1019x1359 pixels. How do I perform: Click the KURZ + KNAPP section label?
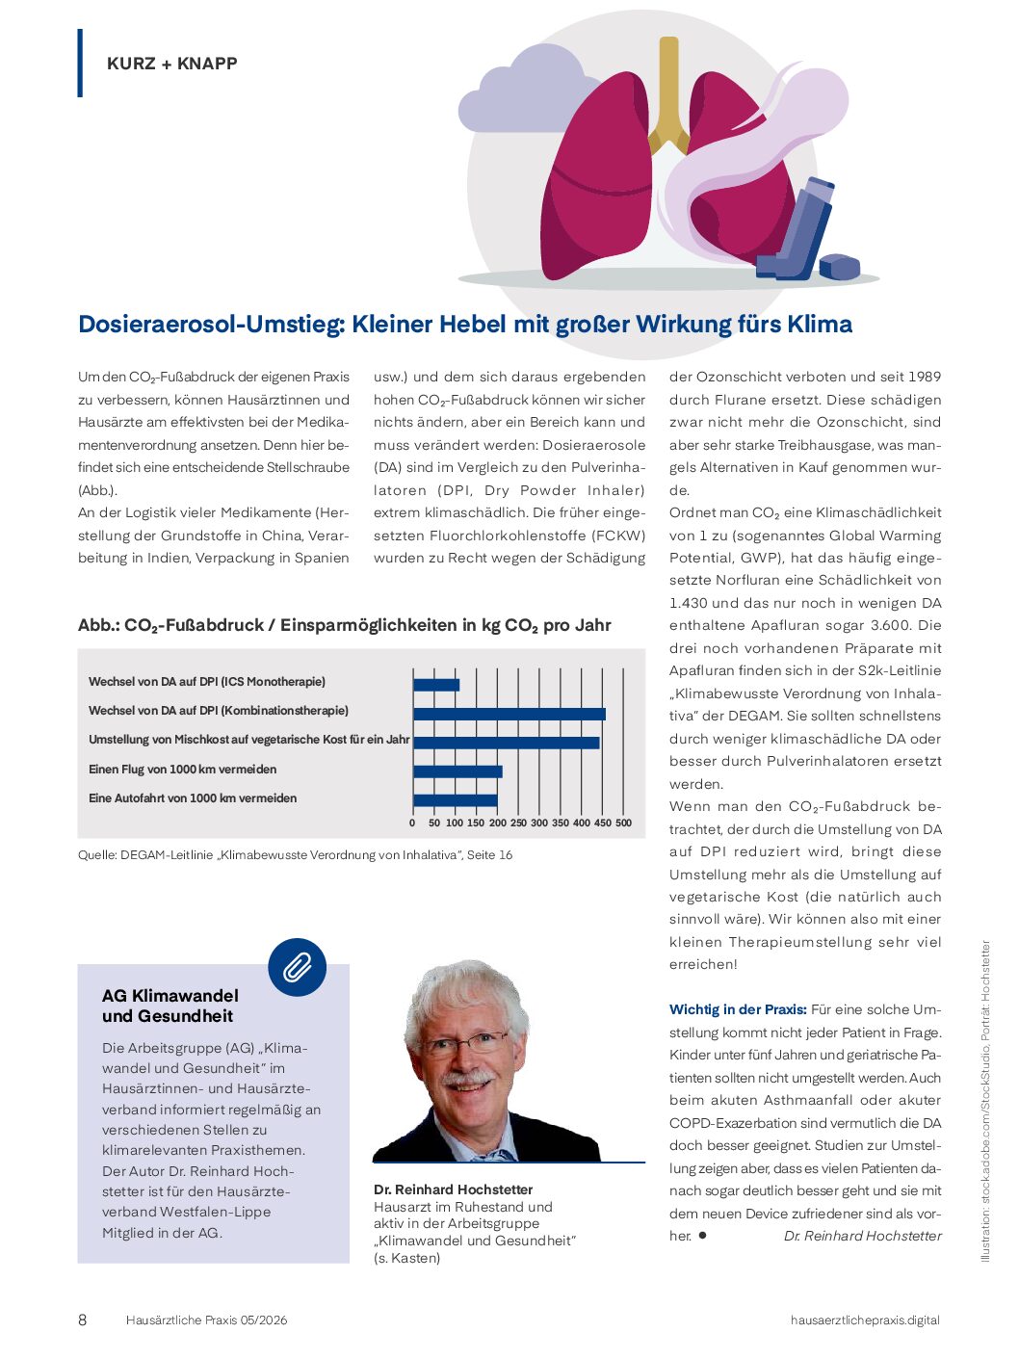pyautogui.click(x=171, y=64)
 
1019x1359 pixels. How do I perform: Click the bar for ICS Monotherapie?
pyautogui.click(x=436, y=685)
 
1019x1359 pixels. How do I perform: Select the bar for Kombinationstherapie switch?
pyautogui.click(x=509, y=714)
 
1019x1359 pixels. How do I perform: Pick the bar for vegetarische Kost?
pyautogui.click(x=507, y=743)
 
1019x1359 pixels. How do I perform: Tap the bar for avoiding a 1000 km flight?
pyautogui.click(x=457, y=771)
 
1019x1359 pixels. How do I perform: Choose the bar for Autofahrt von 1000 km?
pyautogui.click(x=456, y=800)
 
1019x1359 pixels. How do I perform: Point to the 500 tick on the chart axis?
pyautogui.click(x=623, y=823)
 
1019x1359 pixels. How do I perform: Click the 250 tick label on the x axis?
pyautogui.click(x=518, y=823)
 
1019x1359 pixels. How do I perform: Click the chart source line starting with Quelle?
pyautogui.click(x=295, y=855)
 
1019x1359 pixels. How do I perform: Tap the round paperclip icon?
pyautogui.click(x=297, y=967)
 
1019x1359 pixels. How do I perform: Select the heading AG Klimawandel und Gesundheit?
pyautogui.click(x=170, y=1006)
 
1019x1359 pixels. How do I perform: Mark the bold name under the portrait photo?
pyautogui.click(x=453, y=1189)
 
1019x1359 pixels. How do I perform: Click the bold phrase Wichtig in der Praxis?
pyautogui.click(x=738, y=1009)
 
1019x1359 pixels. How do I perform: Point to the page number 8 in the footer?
pyautogui.click(x=82, y=1320)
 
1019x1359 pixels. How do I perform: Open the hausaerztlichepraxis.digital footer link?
pyautogui.click(x=865, y=1320)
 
